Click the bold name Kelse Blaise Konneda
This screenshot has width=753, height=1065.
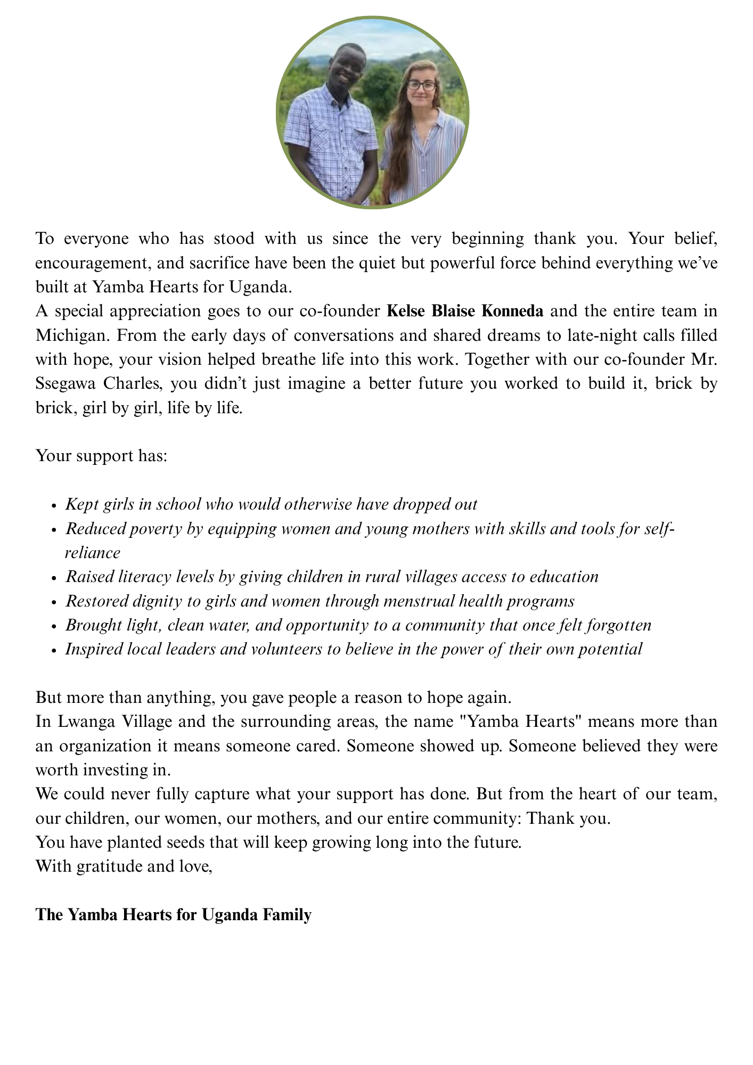465,311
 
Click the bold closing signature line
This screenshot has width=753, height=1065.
173,915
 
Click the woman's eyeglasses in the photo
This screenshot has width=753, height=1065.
421,85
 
